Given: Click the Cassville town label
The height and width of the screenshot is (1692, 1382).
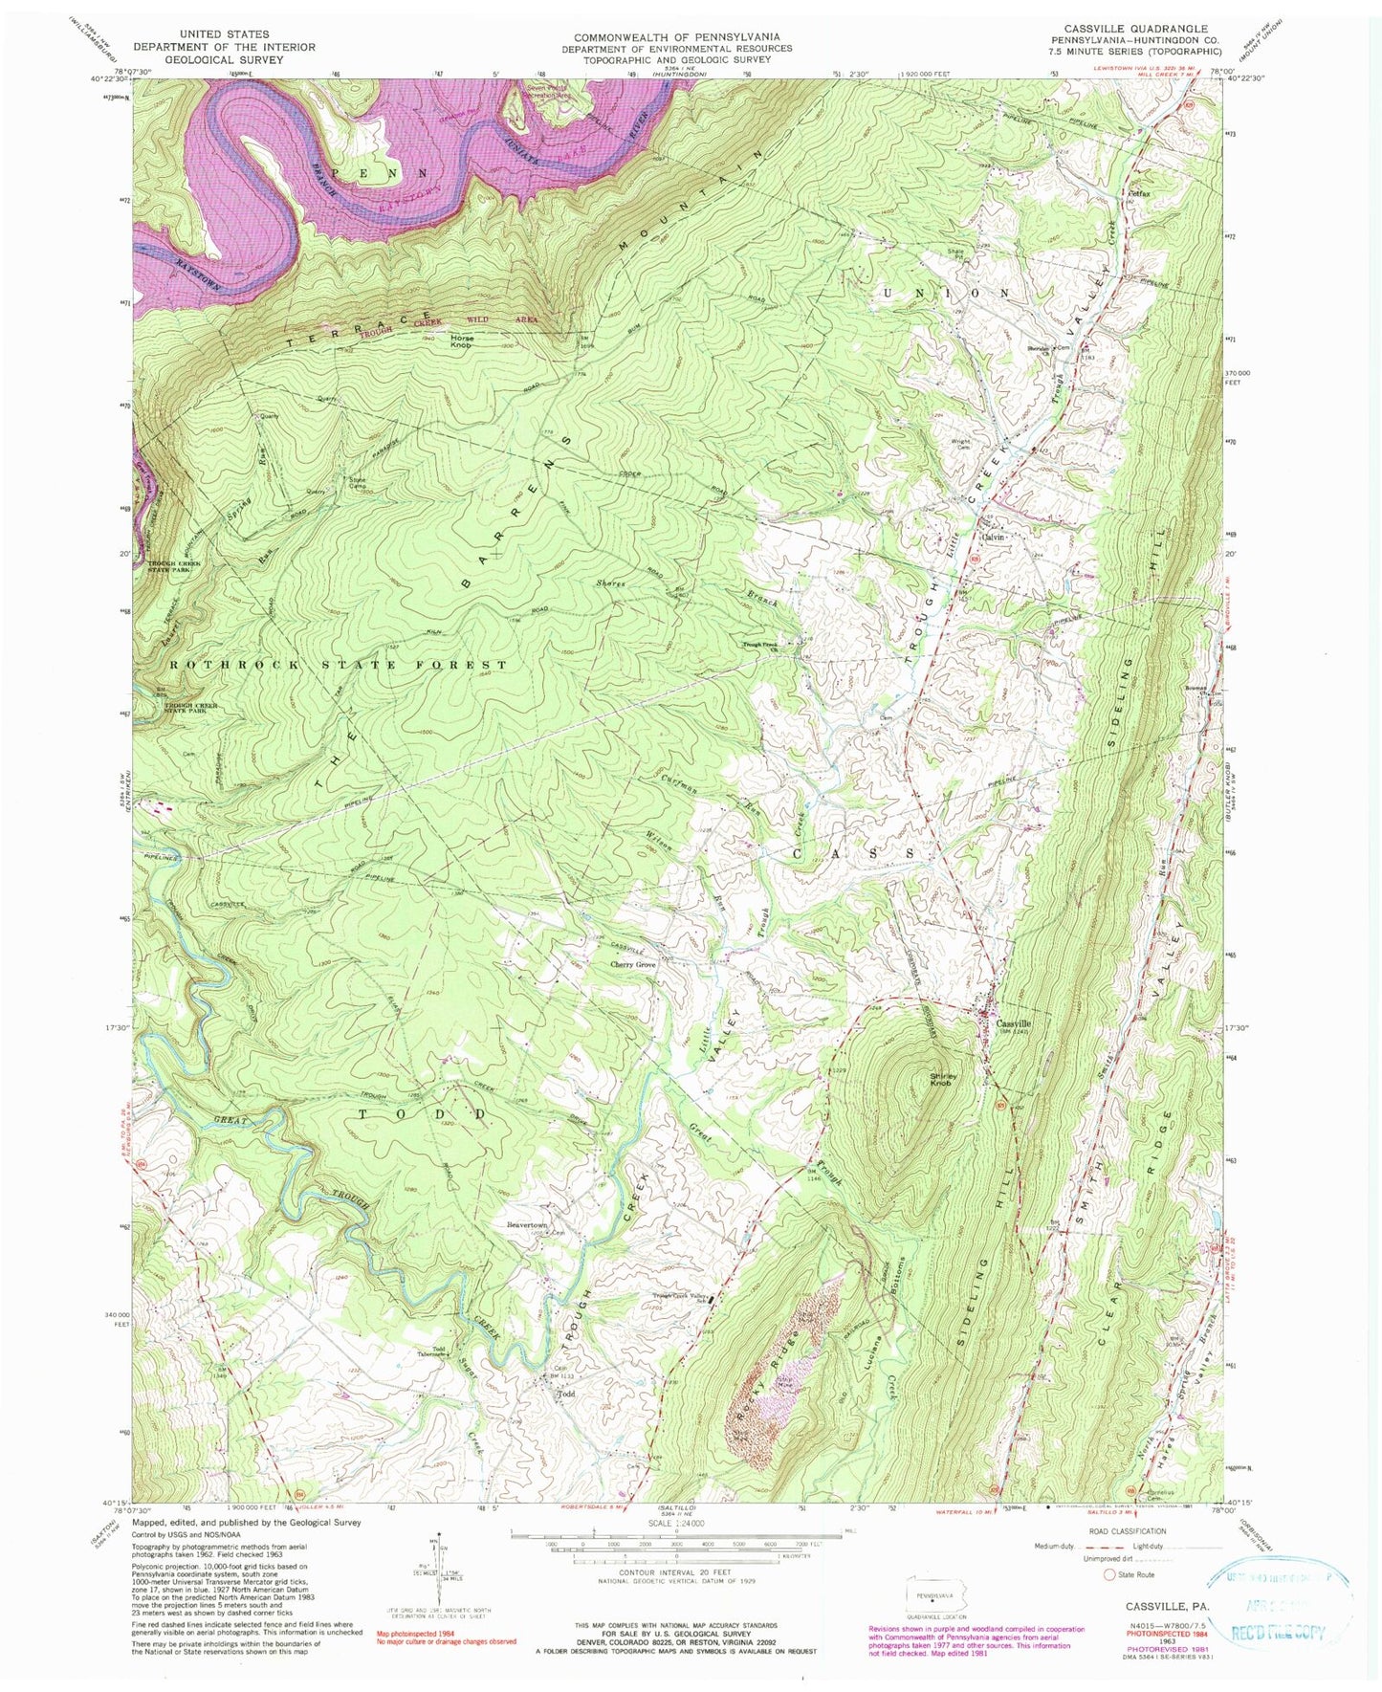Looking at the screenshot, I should coord(1016,1021).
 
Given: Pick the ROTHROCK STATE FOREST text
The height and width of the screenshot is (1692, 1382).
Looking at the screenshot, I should coord(338,664).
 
